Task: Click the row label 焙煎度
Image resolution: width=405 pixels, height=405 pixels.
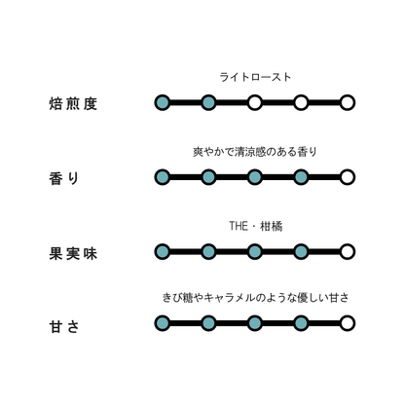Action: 73,104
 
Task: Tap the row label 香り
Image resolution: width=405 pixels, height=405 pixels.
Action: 64,178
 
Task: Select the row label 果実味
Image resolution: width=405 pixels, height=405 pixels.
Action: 73,253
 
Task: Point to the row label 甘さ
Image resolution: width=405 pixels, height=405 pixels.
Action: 64,326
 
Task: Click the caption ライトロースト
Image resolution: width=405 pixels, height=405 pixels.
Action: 255,77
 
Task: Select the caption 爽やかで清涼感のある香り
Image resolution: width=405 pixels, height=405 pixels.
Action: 255,152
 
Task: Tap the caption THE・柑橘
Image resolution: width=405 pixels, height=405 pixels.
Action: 256,226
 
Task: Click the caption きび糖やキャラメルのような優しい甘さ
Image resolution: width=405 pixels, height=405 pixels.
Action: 255,298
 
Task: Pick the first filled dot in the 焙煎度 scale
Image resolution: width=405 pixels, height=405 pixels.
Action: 163,103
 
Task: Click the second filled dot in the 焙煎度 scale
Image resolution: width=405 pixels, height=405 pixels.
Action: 208,103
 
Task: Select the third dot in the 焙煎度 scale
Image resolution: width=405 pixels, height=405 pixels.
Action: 255,103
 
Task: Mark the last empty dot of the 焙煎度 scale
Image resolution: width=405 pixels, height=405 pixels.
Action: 348,103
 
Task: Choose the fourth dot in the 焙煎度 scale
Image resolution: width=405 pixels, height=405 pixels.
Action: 301,103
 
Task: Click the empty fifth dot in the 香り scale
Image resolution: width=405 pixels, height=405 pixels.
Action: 348,177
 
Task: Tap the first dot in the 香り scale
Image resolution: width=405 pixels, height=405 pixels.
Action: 163,177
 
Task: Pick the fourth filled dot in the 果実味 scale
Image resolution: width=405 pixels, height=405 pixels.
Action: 301,252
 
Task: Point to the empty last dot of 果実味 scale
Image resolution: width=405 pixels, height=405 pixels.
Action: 348,252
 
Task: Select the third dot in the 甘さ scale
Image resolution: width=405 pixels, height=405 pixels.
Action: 255,323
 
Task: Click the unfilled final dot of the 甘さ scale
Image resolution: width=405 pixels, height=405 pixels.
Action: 348,323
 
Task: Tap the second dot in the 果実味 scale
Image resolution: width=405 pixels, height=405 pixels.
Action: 208,252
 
